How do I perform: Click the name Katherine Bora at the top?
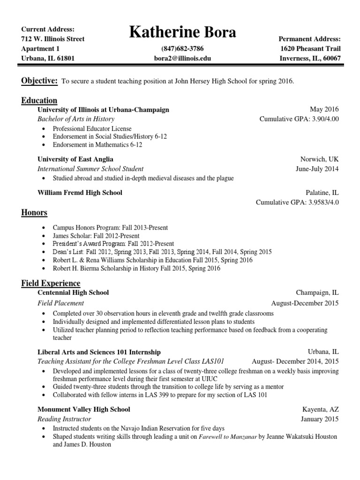[182, 33]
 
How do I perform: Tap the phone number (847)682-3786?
[182, 49]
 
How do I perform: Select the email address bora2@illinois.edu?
[182, 59]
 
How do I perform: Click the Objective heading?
[39, 81]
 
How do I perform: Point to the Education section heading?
[39, 100]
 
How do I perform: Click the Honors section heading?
[34, 213]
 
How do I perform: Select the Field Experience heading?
[51, 283]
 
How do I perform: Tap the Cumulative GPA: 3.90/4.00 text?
[299, 119]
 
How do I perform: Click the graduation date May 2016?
[324, 109]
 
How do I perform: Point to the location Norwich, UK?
[319, 159]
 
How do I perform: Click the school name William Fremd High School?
[80, 193]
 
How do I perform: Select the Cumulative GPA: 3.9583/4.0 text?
[297, 202]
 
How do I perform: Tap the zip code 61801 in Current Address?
[65, 59]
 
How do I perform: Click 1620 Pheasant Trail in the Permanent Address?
[310, 49]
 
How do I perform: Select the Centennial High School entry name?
[73, 292]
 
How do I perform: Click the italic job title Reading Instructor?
[64, 419]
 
